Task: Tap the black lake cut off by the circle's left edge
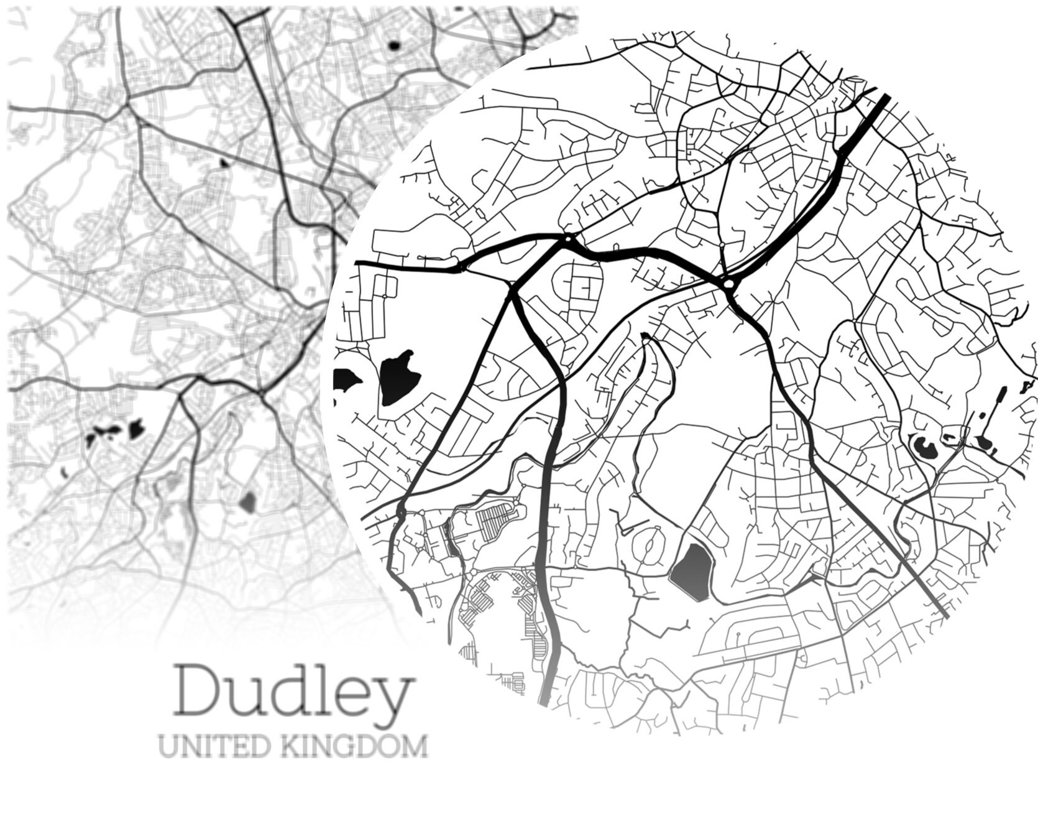click(x=346, y=379)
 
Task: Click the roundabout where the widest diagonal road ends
click(x=728, y=284)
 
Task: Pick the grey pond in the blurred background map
click(x=247, y=501)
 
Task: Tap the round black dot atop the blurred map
click(x=393, y=45)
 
